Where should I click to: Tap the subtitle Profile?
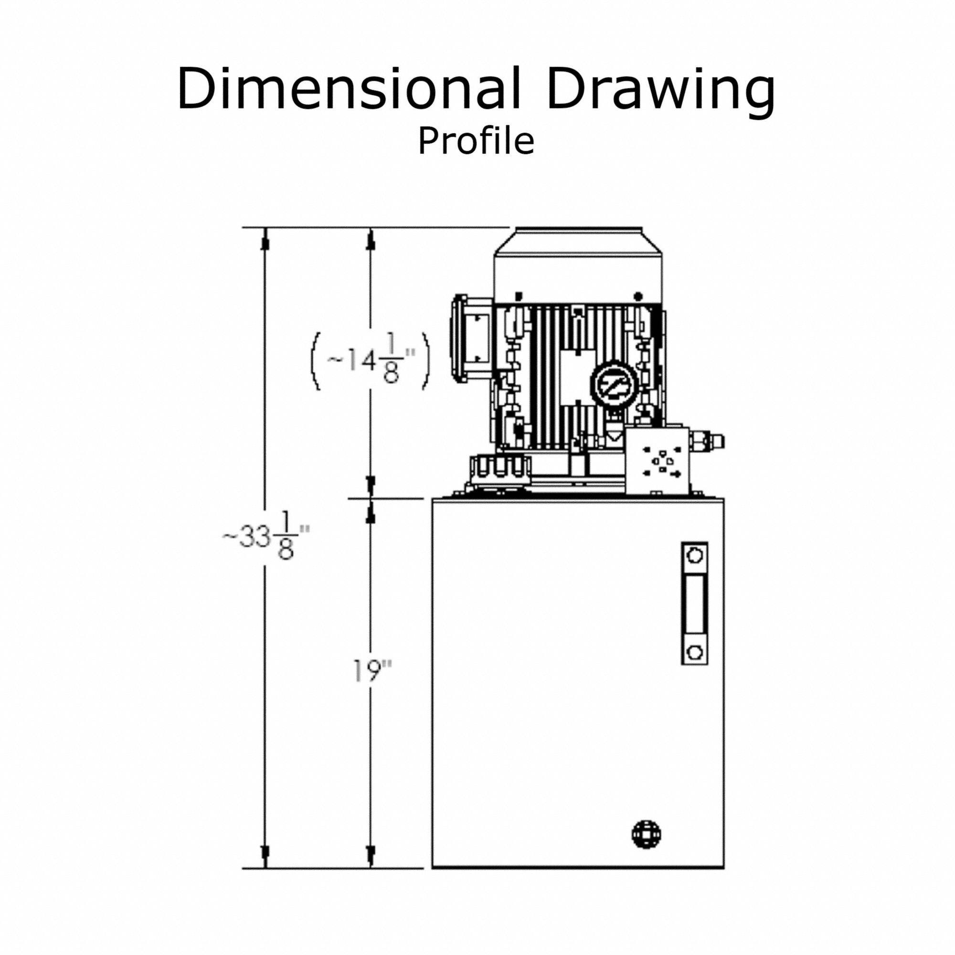(x=476, y=142)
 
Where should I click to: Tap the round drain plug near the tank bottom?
(x=647, y=835)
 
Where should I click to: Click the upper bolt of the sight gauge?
(x=694, y=556)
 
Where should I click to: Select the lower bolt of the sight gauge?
(x=694, y=652)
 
